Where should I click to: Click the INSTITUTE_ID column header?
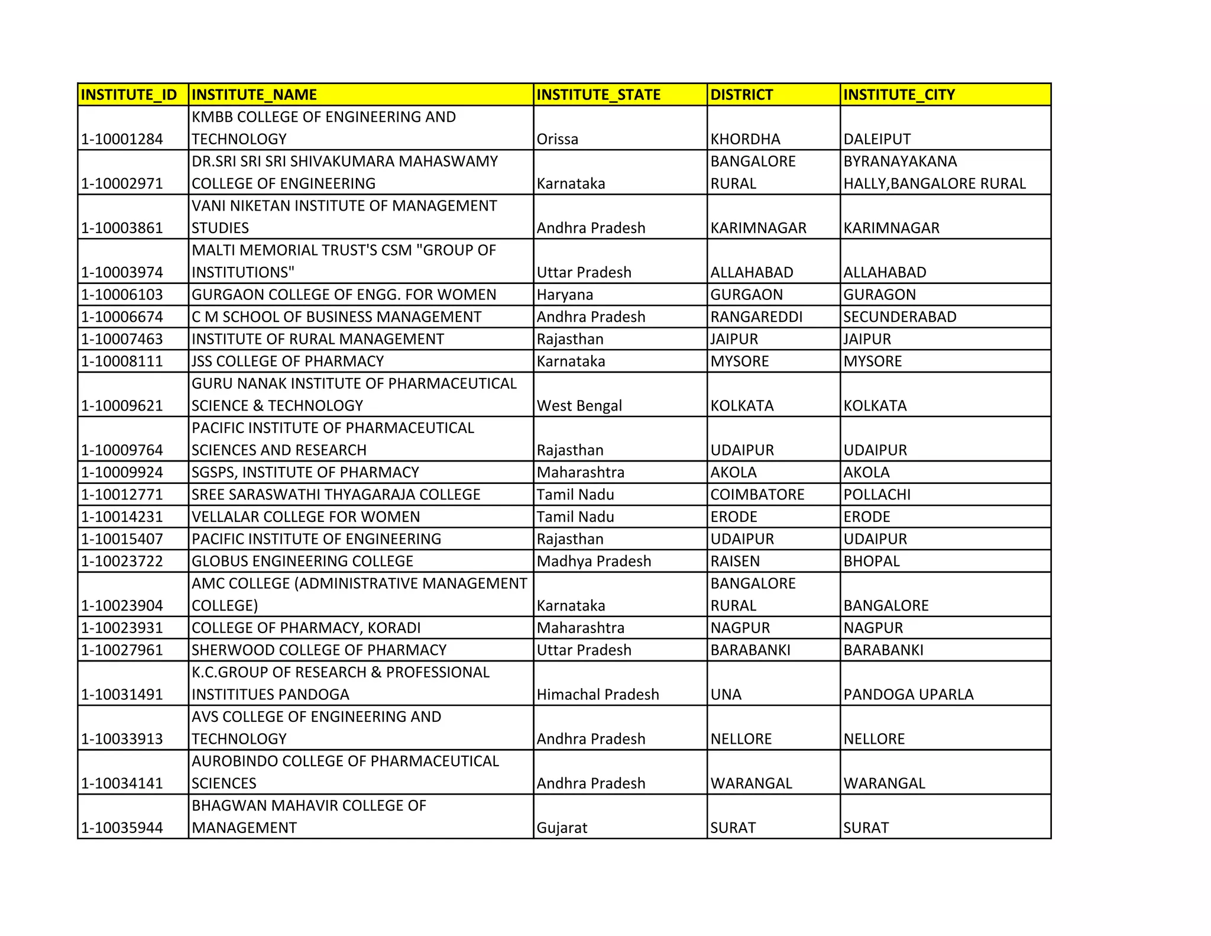point(129,95)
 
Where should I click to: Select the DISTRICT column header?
point(742,95)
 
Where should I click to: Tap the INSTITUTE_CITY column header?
point(899,95)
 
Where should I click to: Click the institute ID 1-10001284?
point(122,139)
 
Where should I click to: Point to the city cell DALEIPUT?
point(877,139)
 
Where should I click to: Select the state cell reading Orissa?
point(558,139)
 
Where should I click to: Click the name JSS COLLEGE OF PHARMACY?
point(288,361)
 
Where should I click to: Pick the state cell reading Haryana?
point(565,295)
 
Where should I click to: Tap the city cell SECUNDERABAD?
point(899,317)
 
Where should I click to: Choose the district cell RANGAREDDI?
point(756,317)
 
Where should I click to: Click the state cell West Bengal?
point(579,405)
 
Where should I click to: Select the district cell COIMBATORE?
point(757,494)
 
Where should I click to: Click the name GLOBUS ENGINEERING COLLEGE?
point(302,561)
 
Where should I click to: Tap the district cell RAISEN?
point(735,561)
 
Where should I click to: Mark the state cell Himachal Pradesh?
point(598,694)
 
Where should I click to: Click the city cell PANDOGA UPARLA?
point(908,694)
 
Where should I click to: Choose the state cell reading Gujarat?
point(562,827)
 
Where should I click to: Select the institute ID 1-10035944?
point(122,827)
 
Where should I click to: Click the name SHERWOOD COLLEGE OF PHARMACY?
point(319,650)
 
